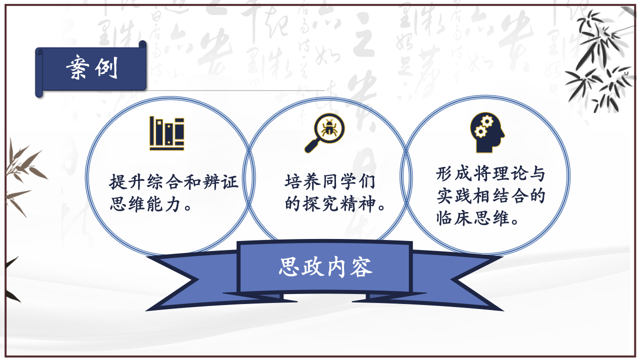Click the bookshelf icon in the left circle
pos(167,133)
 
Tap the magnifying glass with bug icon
pos(324,133)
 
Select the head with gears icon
pos(487,132)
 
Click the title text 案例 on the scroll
pos(92,67)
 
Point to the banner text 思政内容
pos(325,267)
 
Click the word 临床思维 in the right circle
pos(473,218)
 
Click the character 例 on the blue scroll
pos(106,67)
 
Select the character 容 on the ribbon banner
pos(361,267)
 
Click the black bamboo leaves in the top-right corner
pos(600,60)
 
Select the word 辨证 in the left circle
pos(220,181)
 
